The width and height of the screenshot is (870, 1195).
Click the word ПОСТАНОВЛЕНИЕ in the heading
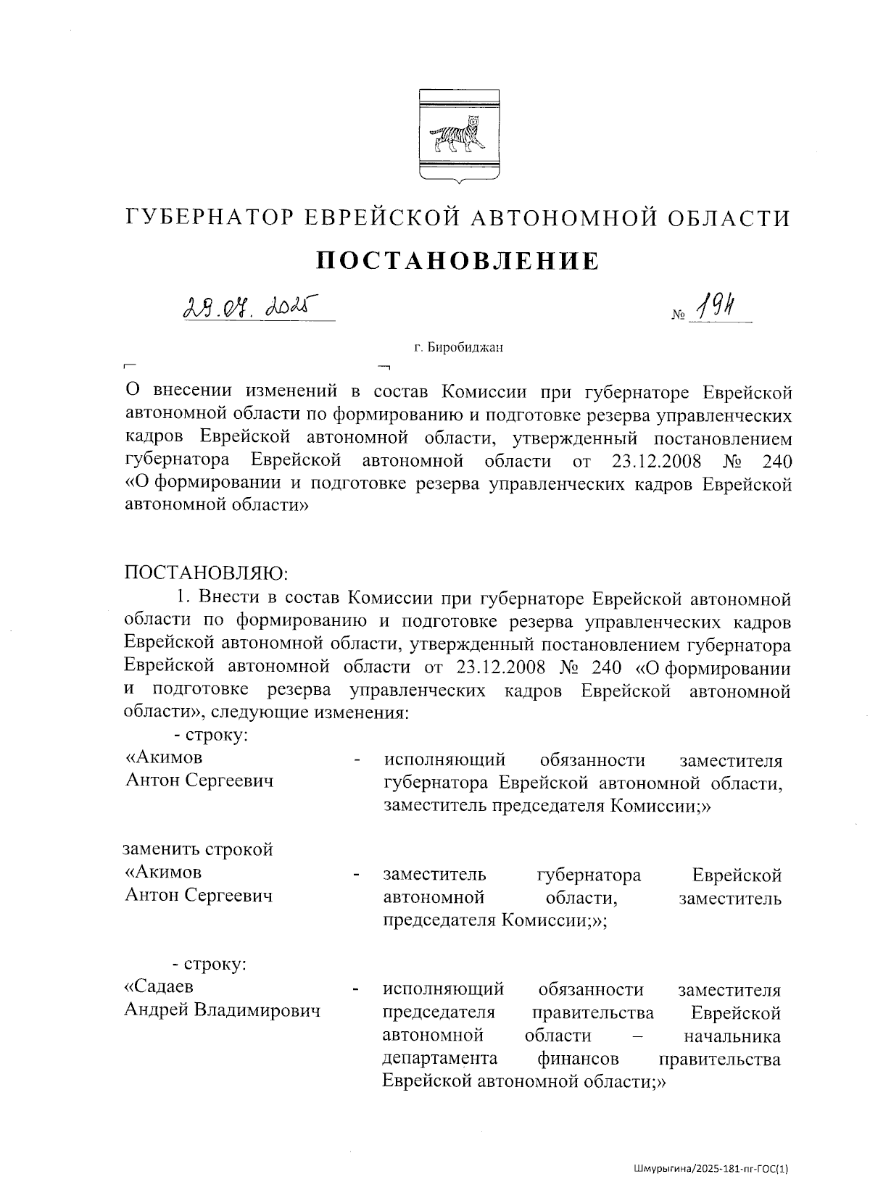457,260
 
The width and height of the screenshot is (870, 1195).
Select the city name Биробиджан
465,348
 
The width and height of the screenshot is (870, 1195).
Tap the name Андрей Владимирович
223,1010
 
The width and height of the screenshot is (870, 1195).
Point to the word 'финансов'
578,1059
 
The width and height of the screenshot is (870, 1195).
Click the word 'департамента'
439,1059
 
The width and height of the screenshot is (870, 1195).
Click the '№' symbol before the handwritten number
679,316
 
